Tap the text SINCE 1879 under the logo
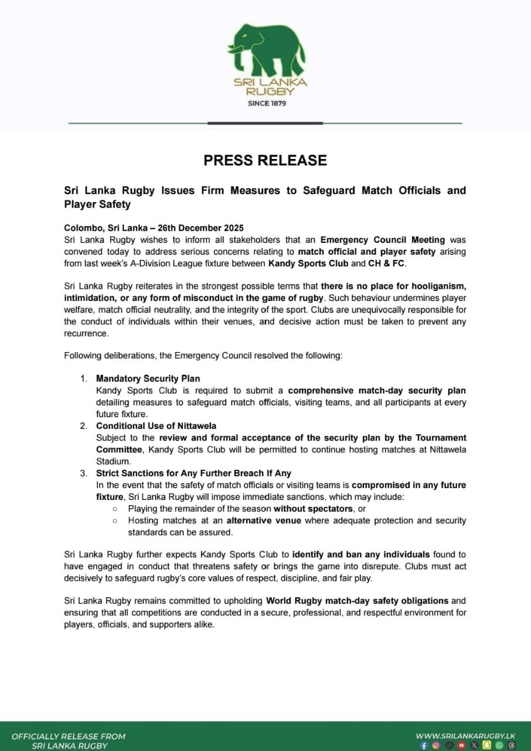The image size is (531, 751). pyautogui.click(x=267, y=103)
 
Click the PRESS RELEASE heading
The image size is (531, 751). pyautogui.click(x=265, y=160)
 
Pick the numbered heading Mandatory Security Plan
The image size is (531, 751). pyautogui.click(x=148, y=378)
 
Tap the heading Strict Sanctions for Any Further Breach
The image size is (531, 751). pyautogui.click(x=193, y=473)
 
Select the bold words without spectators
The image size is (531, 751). pyautogui.click(x=313, y=509)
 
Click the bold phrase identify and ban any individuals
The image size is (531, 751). pyautogui.click(x=361, y=554)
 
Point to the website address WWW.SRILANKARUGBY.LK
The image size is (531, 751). pyautogui.click(x=466, y=736)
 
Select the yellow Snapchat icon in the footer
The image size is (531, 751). pyautogui.click(x=486, y=745)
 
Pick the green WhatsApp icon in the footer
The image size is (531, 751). pyautogui.click(x=499, y=745)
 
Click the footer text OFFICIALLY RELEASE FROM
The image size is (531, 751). pyautogui.click(x=69, y=736)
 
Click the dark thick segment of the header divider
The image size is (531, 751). pyautogui.click(x=265, y=123)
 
